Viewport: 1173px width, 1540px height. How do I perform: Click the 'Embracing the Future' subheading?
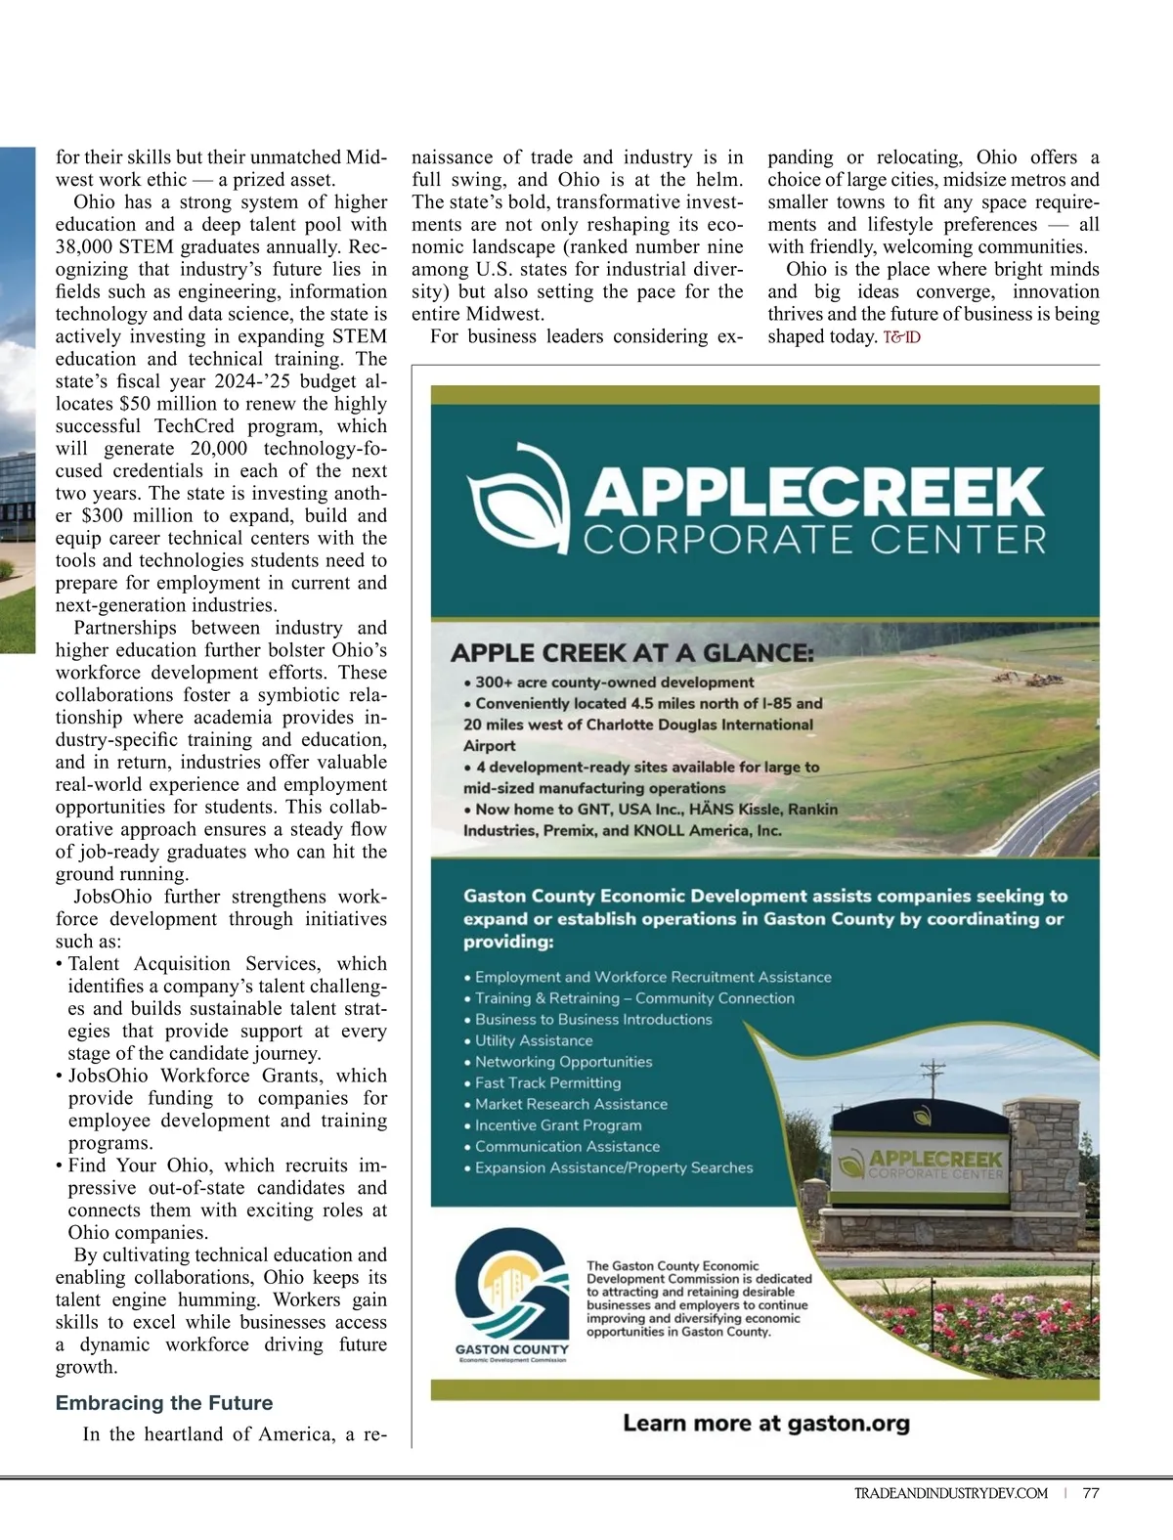point(164,1403)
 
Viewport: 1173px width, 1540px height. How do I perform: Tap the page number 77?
point(1091,1493)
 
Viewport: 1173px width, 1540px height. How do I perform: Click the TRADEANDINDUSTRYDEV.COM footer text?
point(950,1493)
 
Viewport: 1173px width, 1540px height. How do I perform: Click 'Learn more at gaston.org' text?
point(766,1424)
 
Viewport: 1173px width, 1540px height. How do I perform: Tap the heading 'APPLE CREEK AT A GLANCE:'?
point(631,654)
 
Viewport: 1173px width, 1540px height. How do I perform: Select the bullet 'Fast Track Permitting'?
point(547,1083)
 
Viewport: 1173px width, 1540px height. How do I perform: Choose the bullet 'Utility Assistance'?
point(534,1040)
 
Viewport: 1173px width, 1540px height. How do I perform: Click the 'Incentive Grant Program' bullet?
point(558,1125)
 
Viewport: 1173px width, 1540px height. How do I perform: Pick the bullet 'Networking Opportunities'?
point(563,1062)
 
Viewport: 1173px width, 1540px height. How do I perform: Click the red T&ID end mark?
point(901,337)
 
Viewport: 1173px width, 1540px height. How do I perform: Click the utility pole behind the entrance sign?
point(934,1080)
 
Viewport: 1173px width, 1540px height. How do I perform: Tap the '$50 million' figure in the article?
point(165,404)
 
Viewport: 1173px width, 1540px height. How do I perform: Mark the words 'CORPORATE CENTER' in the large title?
point(814,540)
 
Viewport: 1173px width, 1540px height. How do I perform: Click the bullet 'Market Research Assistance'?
point(571,1104)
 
